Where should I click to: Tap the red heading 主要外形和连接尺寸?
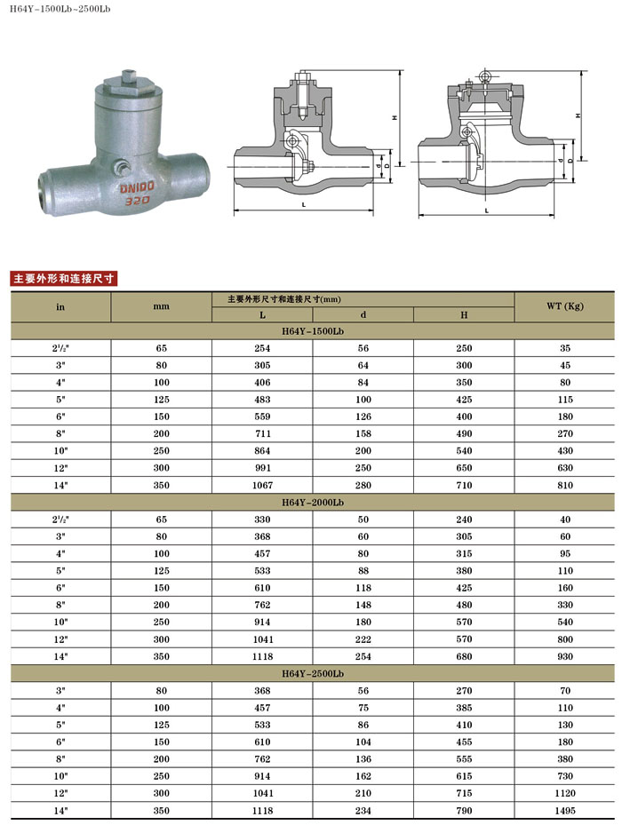point(63,278)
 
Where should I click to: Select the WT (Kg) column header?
point(564,306)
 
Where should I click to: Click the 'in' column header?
point(60,306)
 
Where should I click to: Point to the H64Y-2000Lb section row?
point(312,502)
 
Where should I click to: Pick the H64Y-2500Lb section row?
point(312,674)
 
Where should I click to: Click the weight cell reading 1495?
point(564,810)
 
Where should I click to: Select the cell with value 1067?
point(262,485)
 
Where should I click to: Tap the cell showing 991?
point(262,468)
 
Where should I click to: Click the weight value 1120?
point(564,793)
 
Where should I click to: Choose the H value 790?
point(464,810)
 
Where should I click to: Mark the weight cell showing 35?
point(564,348)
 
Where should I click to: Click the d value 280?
point(363,485)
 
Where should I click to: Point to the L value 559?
point(262,416)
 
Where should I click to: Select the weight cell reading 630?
point(564,468)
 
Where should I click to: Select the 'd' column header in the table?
point(363,315)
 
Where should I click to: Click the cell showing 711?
point(262,434)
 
